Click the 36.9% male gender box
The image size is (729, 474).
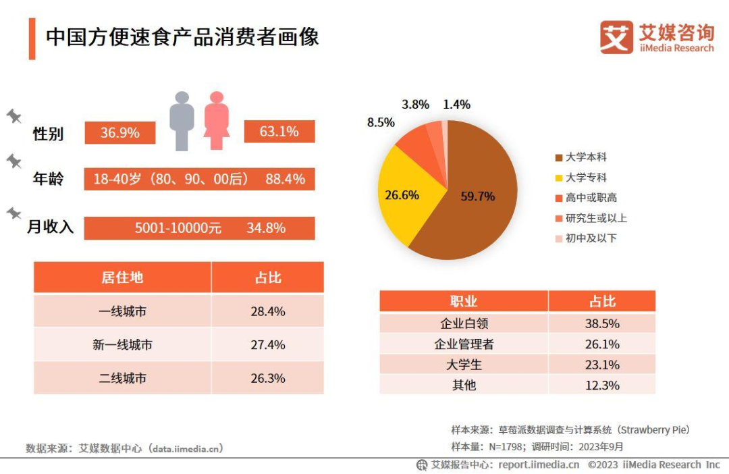click(x=120, y=133)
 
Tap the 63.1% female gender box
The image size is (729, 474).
click(x=279, y=132)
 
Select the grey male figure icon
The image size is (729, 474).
click(x=182, y=121)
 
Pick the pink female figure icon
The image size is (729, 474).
click(x=216, y=121)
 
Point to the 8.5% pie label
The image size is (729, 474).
click(x=381, y=123)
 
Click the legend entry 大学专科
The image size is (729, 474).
click(x=585, y=178)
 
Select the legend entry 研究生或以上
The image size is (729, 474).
click(x=591, y=218)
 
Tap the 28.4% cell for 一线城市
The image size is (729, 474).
click(x=268, y=311)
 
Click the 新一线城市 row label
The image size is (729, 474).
click(x=122, y=345)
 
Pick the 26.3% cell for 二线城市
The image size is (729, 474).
click(x=268, y=378)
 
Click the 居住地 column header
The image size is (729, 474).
click(x=122, y=278)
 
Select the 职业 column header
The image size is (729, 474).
click(x=464, y=301)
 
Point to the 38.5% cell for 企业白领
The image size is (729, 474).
click(x=602, y=323)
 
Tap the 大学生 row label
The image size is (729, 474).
click(x=464, y=365)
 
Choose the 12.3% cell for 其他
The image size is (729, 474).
click(x=602, y=385)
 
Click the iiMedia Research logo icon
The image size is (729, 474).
click(x=616, y=38)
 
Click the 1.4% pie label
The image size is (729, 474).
click(x=456, y=105)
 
